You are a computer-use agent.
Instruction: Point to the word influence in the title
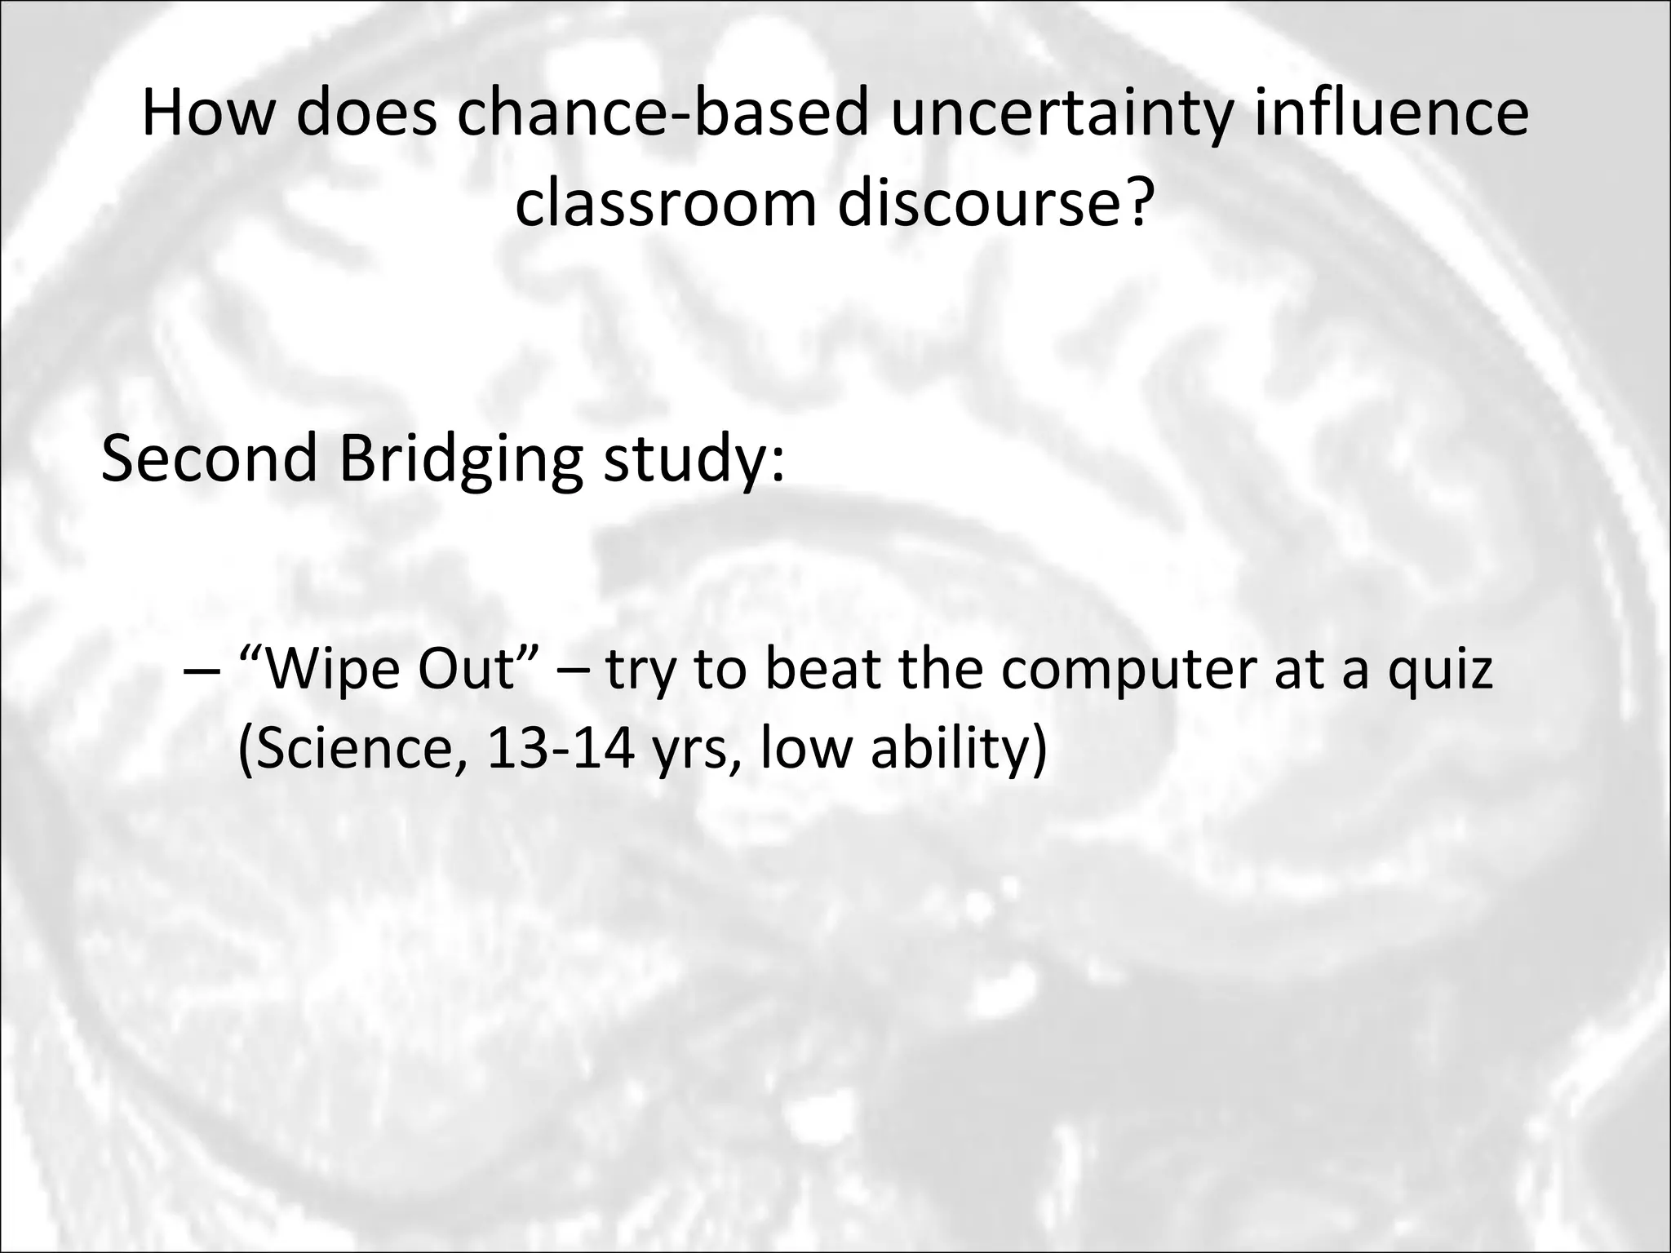1390,114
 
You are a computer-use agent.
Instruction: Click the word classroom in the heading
665,204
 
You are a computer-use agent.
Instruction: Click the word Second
209,458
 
